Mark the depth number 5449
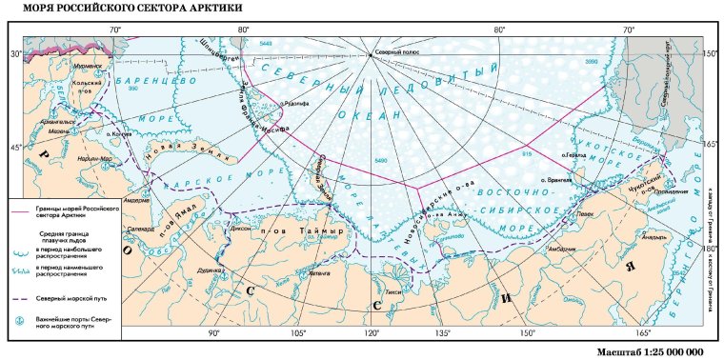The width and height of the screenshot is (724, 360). [265, 44]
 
